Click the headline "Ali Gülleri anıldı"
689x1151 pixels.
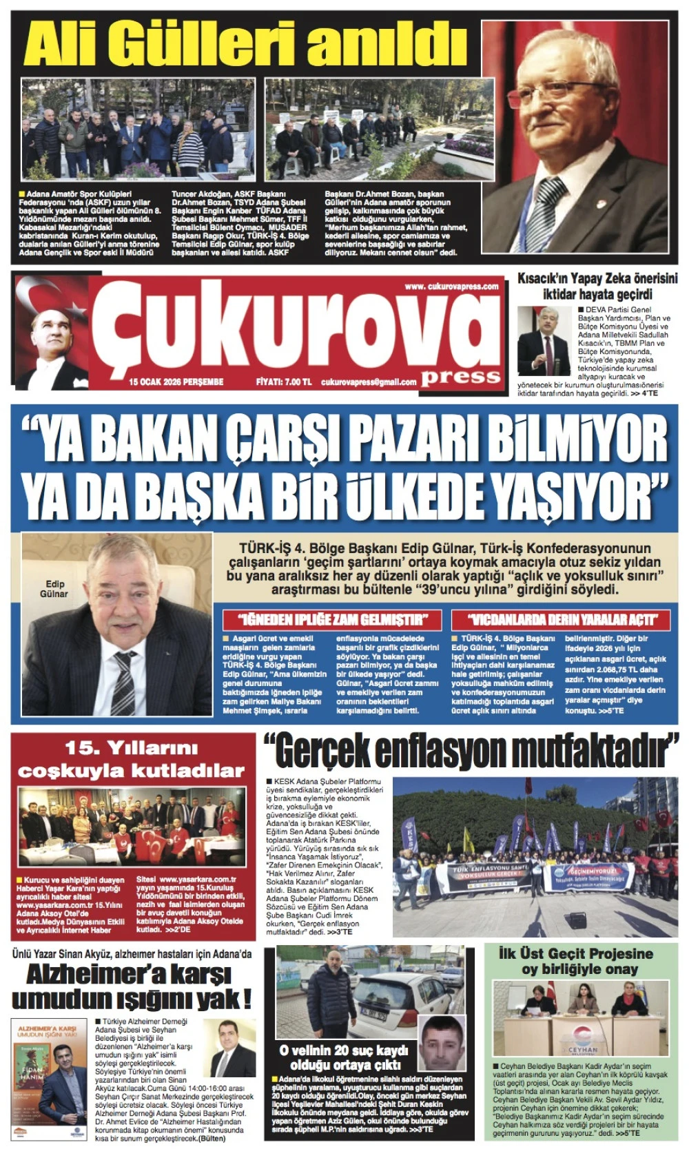point(245,43)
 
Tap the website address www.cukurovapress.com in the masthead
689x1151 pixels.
point(451,287)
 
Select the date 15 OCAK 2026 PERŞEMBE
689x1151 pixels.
point(176,382)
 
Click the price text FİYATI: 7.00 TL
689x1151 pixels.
point(283,382)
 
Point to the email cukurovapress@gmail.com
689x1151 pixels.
point(369,382)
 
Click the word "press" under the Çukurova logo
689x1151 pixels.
point(460,376)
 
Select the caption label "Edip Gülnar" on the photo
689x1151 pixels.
point(54,589)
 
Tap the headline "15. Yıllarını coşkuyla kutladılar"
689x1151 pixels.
point(131,759)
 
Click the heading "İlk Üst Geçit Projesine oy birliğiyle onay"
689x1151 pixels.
point(575,961)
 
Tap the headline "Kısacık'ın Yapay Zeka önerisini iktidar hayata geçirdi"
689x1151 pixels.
point(597,286)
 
